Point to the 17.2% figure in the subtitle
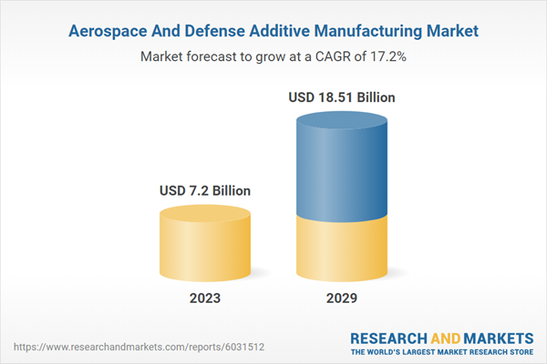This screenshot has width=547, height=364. click(387, 56)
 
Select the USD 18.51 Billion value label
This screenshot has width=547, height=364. click(343, 96)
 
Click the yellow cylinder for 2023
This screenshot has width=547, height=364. click(205, 250)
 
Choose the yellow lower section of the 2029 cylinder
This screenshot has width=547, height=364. click(343, 250)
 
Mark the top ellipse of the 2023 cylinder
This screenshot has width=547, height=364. click(205, 215)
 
